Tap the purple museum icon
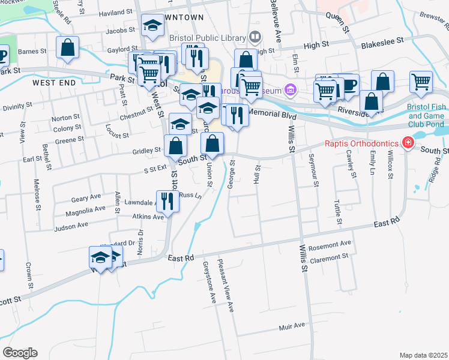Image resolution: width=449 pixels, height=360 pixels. [291, 91]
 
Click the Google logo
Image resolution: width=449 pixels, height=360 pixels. [20, 353]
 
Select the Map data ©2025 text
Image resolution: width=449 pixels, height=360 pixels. [424, 355]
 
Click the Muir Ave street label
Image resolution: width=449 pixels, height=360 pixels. [292, 326]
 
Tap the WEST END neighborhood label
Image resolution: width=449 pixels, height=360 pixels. [55, 82]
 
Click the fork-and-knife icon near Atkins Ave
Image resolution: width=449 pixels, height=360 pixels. [167, 200]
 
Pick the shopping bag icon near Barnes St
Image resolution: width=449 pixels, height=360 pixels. [68, 47]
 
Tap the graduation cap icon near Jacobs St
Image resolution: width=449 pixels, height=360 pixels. [152, 25]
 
